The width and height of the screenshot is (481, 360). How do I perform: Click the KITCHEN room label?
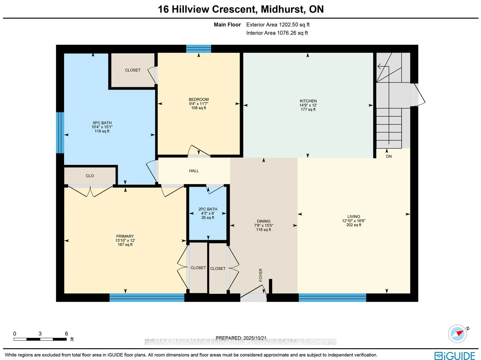[x=308, y=101]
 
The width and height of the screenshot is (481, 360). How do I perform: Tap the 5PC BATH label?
[x=102, y=123]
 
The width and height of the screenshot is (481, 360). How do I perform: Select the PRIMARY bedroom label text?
[x=125, y=236]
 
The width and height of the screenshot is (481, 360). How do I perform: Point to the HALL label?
[x=194, y=171]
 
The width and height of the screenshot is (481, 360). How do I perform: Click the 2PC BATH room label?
[x=208, y=209]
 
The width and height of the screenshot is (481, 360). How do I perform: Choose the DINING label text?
[x=264, y=221]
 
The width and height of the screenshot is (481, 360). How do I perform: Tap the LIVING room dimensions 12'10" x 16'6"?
[x=354, y=221]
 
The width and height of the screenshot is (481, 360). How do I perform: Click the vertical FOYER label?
[x=261, y=275]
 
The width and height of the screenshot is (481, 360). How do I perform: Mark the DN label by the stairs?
[x=389, y=157]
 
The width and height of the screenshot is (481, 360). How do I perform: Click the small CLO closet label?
[x=90, y=176]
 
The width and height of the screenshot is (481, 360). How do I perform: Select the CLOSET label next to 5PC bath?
[x=133, y=70]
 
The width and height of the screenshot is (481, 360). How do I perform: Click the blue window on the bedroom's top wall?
[x=198, y=48]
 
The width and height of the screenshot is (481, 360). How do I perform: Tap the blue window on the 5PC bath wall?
[x=60, y=133]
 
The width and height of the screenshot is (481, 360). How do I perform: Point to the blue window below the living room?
[x=332, y=297]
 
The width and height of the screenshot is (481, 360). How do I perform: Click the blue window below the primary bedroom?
[x=147, y=297]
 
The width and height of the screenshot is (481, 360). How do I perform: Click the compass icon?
[x=458, y=334]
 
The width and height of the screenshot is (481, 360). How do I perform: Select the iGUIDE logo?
[x=455, y=355]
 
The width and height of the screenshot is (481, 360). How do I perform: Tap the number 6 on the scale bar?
[x=66, y=334]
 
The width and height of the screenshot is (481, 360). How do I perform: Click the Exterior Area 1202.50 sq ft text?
[x=278, y=25]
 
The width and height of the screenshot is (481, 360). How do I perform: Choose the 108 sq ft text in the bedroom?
[x=199, y=108]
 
